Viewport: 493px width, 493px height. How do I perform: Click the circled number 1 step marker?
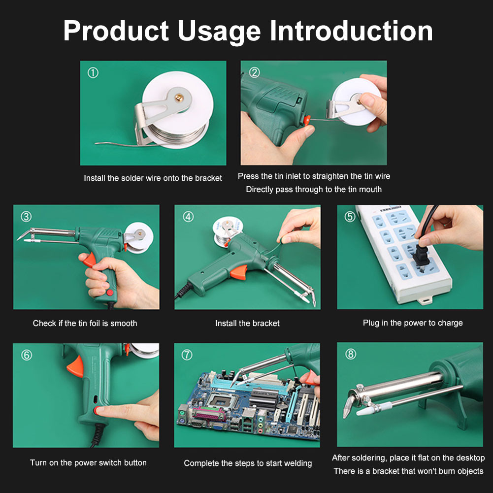pyautogui.click(x=93, y=73)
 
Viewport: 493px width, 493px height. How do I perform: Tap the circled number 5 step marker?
pyautogui.click(x=350, y=217)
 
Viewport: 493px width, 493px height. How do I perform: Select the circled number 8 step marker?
pyautogui.click(x=350, y=355)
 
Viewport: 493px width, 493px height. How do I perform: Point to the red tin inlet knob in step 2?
pyautogui.click(x=308, y=120)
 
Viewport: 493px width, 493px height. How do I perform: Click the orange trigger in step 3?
pyautogui.click(x=89, y=260)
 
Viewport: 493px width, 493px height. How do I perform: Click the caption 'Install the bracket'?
pyautogui.click(x=247, y=324)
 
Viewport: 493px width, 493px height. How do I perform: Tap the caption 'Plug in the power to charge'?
pyautogui.click(x=413, y=323)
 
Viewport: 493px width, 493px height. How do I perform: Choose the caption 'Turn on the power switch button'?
pyautogui.click(x=88, y=462)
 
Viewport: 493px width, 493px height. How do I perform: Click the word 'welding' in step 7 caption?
pyautogui.click(x=296, y=463)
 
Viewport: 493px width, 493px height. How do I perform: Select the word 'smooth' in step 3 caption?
pyautogui.click(x=124, y=324)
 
